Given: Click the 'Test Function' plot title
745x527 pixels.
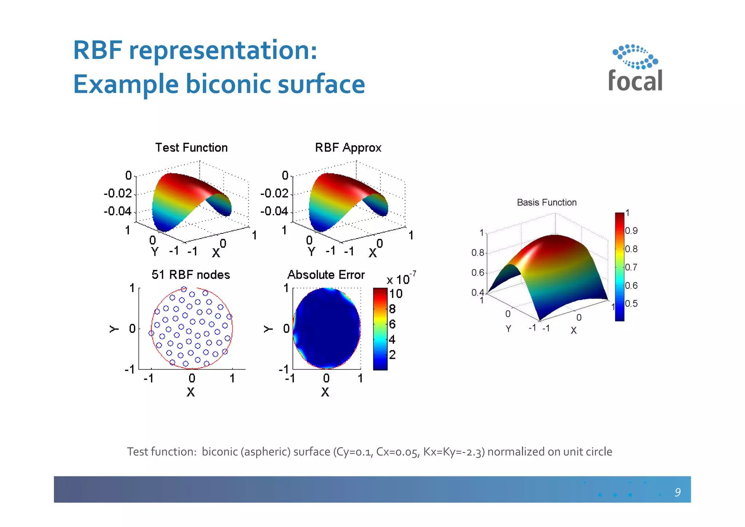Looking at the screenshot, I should pyautogui.click(x=191, y=148).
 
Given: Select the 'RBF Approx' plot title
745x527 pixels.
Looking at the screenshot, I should pyautogui.click(x=348, y=148).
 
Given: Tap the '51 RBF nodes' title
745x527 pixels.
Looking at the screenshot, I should pyautogui.click(x=191, y=275).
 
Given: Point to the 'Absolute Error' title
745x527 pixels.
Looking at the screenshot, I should pyautogui.click(x=326, y=275).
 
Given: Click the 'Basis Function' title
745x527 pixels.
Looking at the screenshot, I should pyautogui.click(x=546, y=202).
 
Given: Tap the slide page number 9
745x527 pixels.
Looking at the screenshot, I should pyautogui.click(x=677, y=492).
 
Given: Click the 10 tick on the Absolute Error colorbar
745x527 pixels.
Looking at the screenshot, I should pyautogui.click(x=396, y=294).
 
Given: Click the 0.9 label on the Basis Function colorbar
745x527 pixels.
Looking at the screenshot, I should pyautogui.click(x=631, y=231).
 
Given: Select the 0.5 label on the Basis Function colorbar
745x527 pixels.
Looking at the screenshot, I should pyautogui.click(x=631, y=304).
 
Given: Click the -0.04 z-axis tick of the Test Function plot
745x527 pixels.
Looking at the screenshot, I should pyautogui.click(x=117, y=211).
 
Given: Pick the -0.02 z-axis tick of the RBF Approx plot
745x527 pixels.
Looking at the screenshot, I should pyautogui.click(x=274, y=193).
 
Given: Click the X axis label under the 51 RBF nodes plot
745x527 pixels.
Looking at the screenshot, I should pyautogui.click(x=191, y=392).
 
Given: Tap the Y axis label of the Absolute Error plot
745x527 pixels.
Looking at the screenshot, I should pyautogui.click(x=268, y=329).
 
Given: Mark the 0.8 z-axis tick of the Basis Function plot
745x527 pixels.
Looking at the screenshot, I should pyautogui.click(x=478, y=253).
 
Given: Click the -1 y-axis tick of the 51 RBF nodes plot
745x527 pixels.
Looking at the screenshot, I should pyautogui.click(x=130, y=370).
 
